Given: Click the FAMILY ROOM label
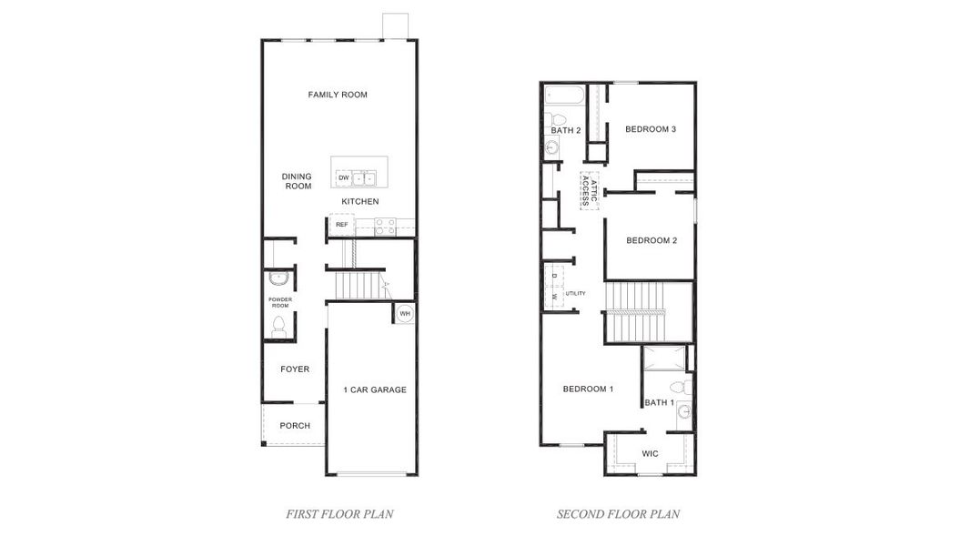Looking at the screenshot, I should point(338,95).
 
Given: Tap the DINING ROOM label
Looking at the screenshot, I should point(297,181).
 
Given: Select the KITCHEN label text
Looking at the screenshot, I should point(360,201).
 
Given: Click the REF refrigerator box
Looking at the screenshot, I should point(342,224).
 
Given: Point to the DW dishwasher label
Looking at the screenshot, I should point(343,177).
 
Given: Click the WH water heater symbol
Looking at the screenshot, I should point(406,314).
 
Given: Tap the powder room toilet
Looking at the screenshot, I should point(279,327).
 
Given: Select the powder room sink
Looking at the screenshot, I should point(278,278).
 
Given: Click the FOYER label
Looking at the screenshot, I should point(295,369).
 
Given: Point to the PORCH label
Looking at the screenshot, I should point(295,426).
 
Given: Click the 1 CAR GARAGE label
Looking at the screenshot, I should point(375,390).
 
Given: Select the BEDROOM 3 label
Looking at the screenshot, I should point(651,129).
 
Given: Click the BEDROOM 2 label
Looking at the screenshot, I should point(652,240).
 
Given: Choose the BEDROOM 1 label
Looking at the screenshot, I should point(588,389).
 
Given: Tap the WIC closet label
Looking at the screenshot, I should point(650,453).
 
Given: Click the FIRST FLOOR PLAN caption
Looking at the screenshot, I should point(339,514).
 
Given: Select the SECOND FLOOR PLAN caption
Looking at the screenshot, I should point(618,514).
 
